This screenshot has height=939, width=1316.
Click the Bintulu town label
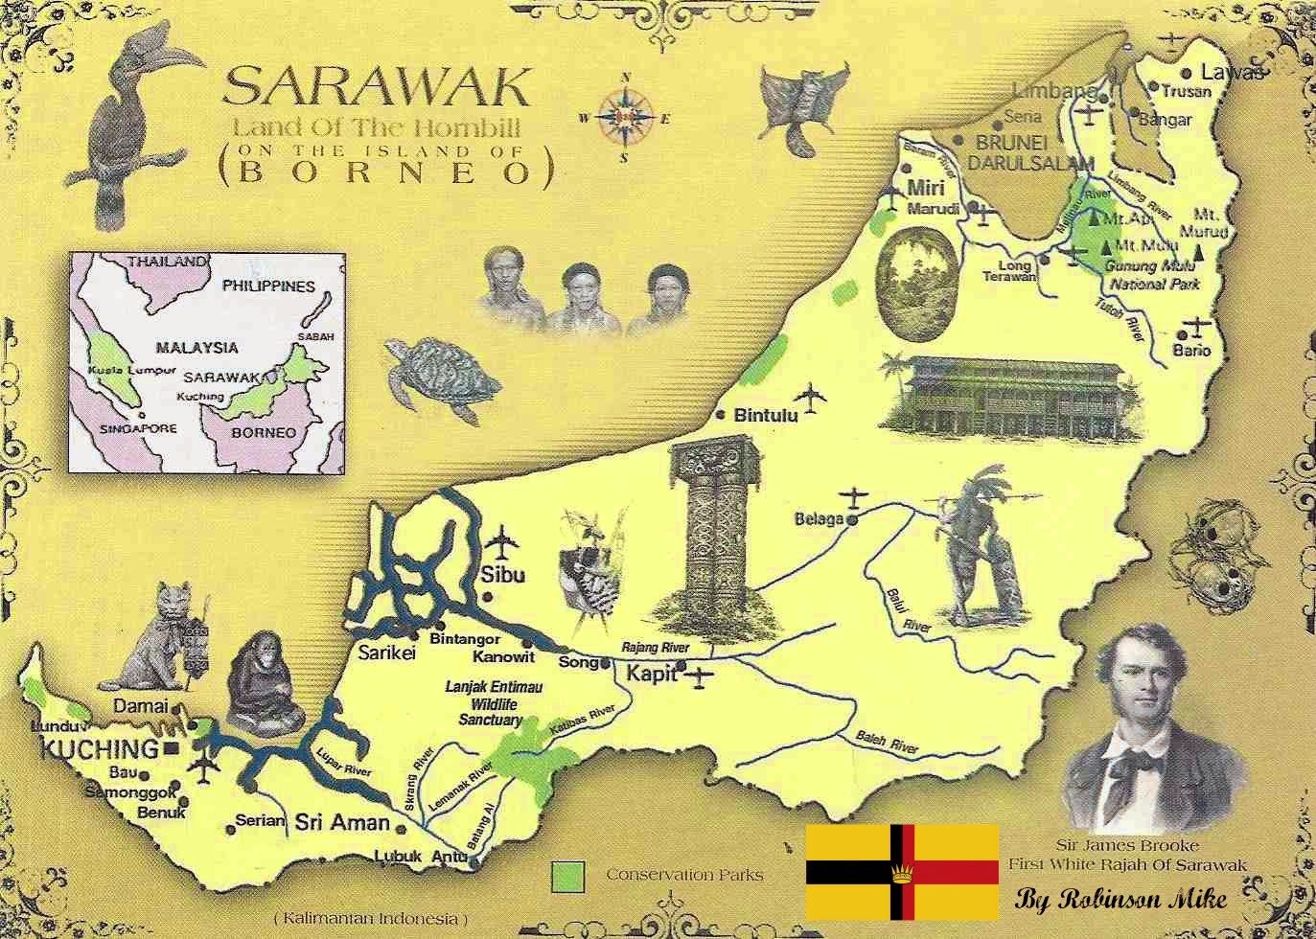coord(765,416)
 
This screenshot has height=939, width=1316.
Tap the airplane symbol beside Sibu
coord(500,541)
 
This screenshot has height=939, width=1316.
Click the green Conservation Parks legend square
coord(568,875)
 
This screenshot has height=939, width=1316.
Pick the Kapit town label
coord(651,675)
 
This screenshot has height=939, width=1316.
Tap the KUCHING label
coord(100,748)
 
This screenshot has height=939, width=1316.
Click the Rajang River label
coord(650,649)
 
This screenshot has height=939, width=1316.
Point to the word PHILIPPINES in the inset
coord(268,286)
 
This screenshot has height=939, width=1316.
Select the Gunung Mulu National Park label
coord(1153,275)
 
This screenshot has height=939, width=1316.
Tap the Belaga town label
coord(819,519)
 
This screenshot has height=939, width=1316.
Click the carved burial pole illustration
coord(710,532)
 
